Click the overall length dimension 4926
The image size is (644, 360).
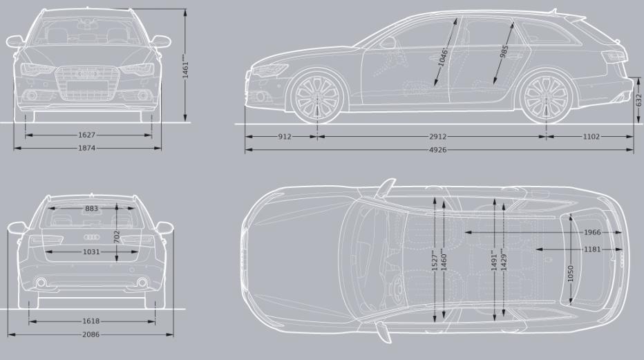click(x=437, y=150)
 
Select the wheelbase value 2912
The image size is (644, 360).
click(x=437, y=137)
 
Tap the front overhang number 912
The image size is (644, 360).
click(x=285, y=137)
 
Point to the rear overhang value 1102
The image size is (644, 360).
click(x=591, y=137)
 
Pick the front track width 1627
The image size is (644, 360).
click(x=86, y=135)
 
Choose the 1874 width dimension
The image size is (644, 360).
click(x=86, y=148)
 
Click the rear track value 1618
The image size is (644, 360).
click(x=91, y=321)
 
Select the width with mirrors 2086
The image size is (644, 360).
click(x=91, y=334)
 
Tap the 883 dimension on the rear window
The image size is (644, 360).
click(x=92, y=209)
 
